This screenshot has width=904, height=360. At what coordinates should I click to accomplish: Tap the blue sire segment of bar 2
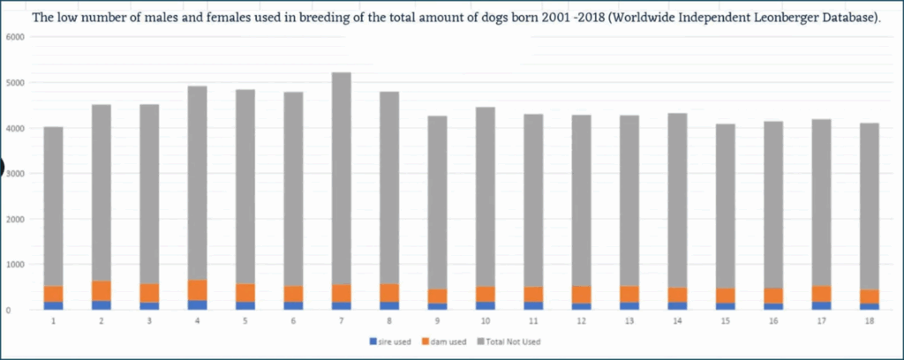pyautogui.click(x=102, y=305)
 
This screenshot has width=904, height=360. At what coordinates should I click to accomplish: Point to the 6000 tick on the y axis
pyautogui.click(x=17, y=37)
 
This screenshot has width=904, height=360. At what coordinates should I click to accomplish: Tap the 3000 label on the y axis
pyautogui.click(x=17, y=174)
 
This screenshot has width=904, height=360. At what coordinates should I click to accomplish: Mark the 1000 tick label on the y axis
pyautogui.click(x=17, y=265)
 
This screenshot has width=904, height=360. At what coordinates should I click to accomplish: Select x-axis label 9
pyautogui.click(x=437, y=323)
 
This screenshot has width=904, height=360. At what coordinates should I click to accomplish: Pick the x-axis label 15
pyautogui.click(x=725, y=323)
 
